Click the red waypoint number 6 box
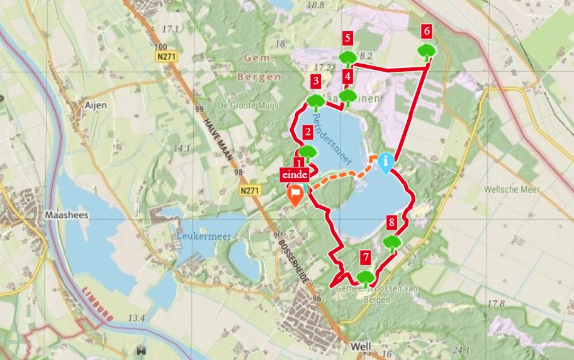[427, 30]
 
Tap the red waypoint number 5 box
[347, 38]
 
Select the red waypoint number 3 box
[315, 81]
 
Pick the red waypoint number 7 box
[365, 257]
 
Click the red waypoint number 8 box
[391, 222]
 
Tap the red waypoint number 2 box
[307, 132]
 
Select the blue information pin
[385, 161]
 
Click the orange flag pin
[294, 196]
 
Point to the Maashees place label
[67, 215]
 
